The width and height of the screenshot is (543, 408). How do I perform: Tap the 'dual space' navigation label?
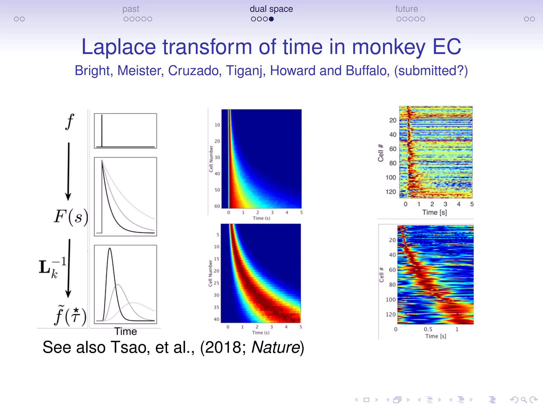coord(271,9)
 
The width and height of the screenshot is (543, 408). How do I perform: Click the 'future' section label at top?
coord(406,9)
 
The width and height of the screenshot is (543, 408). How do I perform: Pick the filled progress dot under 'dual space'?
coord(271,19)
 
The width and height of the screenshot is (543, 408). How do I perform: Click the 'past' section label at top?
coord(130,9)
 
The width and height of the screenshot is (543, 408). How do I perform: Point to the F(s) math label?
coord(71,217)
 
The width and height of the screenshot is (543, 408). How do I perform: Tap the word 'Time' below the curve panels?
coord(125,331)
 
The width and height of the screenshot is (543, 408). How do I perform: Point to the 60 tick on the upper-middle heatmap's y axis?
coord(217,206)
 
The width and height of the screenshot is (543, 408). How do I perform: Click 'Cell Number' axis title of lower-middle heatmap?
coord(210,273)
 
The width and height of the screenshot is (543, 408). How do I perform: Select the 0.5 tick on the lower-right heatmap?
coord(428,329)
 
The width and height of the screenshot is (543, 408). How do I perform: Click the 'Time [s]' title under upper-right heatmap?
coord(434,212)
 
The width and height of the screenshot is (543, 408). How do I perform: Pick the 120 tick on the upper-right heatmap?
coord(391,192)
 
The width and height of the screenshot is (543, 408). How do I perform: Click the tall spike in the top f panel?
coord(102,130)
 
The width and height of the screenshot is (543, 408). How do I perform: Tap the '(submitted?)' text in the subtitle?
coord(431,71)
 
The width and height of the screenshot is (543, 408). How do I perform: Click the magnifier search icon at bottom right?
coord(524,400)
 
